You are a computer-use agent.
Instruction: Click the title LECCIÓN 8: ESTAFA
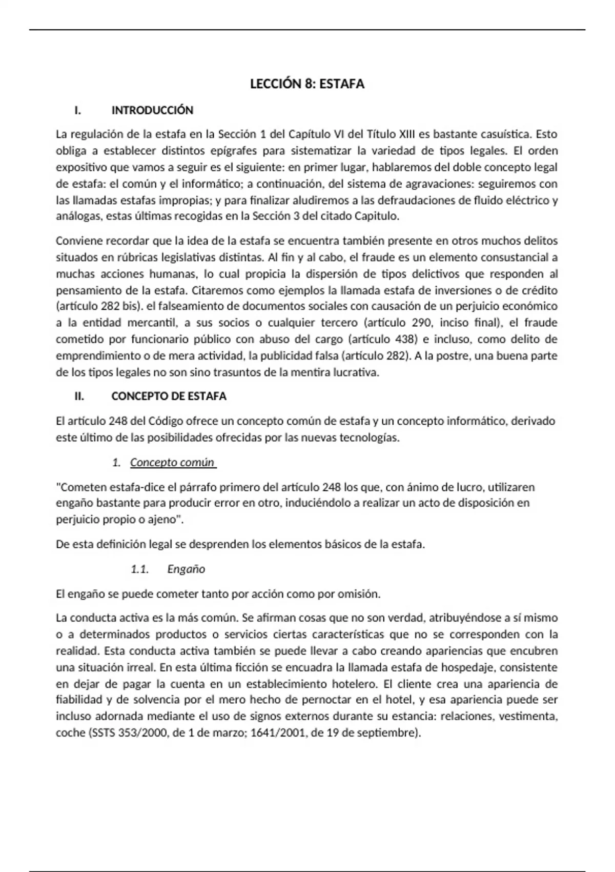[307, 84]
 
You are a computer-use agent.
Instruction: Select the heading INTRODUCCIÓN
[152, 110]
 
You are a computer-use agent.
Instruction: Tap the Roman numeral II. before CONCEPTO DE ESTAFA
[79, 397]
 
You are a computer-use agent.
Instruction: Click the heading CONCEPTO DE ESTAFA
[169, 397]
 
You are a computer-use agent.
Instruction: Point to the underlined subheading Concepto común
[172, 463]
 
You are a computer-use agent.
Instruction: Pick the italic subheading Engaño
[186, 569]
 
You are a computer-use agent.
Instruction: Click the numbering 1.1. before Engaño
[139, 569]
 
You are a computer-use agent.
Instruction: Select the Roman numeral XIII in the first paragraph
[406, 134]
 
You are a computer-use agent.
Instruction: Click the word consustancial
[514, 257]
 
